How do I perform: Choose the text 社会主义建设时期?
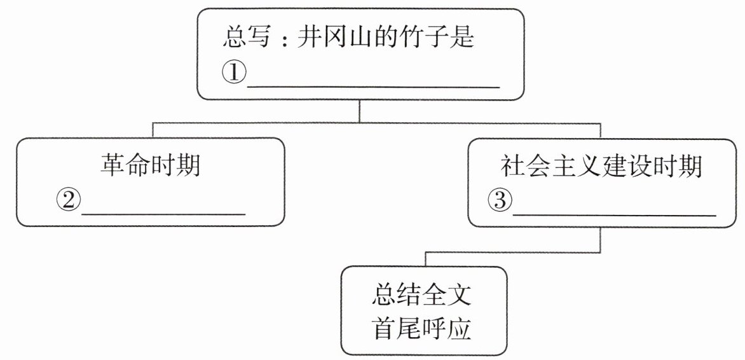pyautogui.click(x=601, y=167)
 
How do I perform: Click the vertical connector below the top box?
pyautogui.click(x=360, y=111)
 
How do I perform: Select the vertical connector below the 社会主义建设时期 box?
pyautogui.click(x=601, y=239)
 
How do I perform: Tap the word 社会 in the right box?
pyautogui.click(x=526, y=167)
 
